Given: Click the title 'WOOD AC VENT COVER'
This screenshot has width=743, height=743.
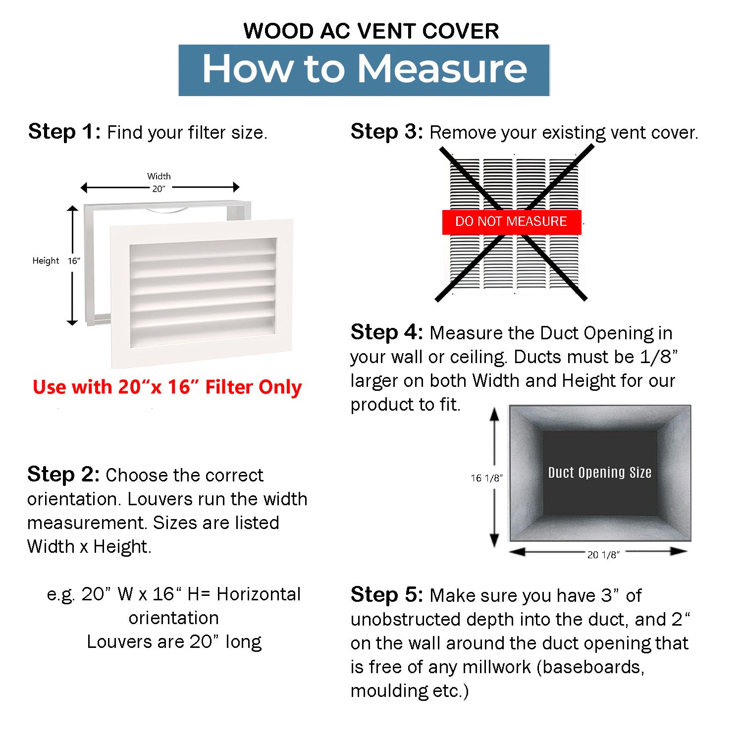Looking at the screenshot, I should [x=371, y=31].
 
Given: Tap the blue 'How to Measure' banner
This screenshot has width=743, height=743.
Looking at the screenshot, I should [x=364, y=69].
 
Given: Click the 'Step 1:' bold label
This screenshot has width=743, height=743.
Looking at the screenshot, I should [x=64, y=132].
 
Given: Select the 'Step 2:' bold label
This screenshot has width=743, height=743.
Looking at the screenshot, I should [x=63, y=475].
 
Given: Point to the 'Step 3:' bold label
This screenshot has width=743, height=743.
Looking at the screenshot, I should [x=387, y=132].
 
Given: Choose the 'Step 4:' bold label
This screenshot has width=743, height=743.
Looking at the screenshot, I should [x=387, y=332].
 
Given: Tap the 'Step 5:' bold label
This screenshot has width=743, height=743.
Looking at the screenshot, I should [x=387, y=595].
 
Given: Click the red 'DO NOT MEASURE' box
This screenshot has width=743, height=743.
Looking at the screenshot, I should [x=511, y=221].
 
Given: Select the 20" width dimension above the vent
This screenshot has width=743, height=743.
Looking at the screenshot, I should [x=159, y=189].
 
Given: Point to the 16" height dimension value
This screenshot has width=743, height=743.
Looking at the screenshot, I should [x=74, y=261].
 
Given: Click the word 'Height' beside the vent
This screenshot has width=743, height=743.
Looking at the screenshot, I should [x=46, y=261].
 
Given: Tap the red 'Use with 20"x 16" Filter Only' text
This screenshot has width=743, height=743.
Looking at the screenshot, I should [x=167, y=387].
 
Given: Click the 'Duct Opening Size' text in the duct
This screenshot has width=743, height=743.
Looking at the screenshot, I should [x=599, y=473].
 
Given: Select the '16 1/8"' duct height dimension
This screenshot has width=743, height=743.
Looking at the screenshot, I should [x=486, y=478].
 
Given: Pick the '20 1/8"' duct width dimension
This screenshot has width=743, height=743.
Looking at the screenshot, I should [x=603, y=555].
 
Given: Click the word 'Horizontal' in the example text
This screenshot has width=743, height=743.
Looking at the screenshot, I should [x=259, y=594].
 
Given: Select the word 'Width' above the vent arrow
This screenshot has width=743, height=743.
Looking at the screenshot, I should [x=159, y=176].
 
